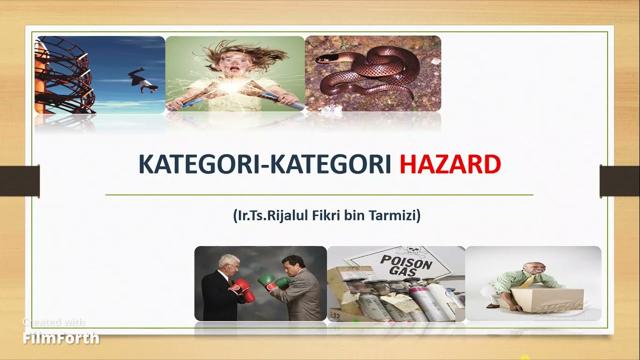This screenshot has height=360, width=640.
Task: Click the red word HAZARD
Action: [450, 164]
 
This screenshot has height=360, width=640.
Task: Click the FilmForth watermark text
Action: [61, 338]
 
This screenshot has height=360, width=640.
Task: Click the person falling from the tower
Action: [142, 80]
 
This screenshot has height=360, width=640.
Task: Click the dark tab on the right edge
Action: [619, 180]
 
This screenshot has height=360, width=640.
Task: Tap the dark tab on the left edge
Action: [19, 180]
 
